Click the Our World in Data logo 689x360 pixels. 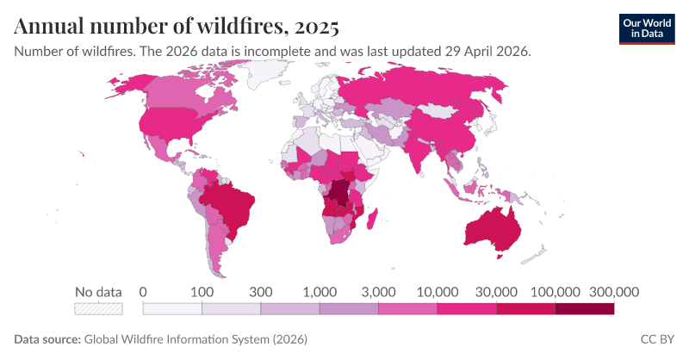(x=647, y=29)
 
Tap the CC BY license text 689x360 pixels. (x=657, y=339)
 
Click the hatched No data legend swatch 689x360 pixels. (x=98, y=309)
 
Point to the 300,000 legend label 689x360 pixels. (x=614, y=292)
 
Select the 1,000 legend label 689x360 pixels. (x=320, y=292)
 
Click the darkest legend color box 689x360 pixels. (x=585, y=309)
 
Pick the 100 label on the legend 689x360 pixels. (x=202, y=292)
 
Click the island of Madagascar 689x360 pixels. (x=372, y=219)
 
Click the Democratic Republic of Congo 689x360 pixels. (x=339, y=195)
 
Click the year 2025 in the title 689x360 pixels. (x=316, y=26)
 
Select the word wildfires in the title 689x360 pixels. (x=239, y=26)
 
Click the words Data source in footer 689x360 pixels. (x=47, y=339)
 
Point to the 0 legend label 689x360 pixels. (x=143, y=292)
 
